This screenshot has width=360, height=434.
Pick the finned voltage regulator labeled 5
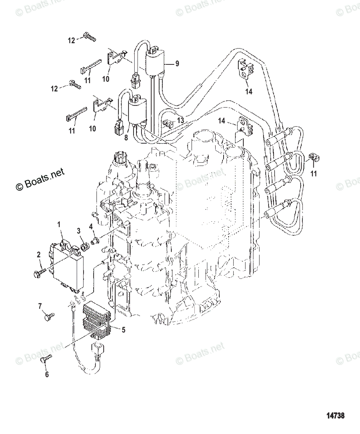click(x=97, y=320)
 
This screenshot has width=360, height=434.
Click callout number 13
click(x=180, y=120)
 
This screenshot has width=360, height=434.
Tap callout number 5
click(x=123, y=329)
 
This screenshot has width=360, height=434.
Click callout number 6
click(x=47, y=375)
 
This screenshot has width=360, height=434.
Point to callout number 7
click(x=40, y=307)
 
